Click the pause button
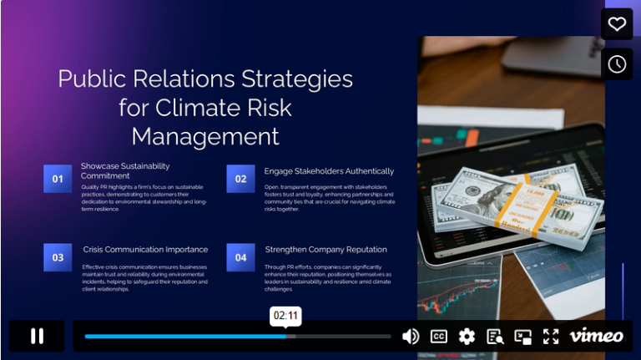click(x=37, y=336)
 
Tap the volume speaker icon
click(x=411, y=337)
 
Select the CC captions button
click(x=438, y=337)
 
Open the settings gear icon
click(x=467, y=337)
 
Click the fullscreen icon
click(x=551, y=337)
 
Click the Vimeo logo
click(x=596, y=336)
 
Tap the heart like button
click(x=617, y=24)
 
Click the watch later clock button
click(x=617, y=64)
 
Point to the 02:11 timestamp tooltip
click(x=286, y=316)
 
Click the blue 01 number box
click(x=58, y=179)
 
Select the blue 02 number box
click(x=240, y=179)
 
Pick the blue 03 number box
click(x=58, y=257)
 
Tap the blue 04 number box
click(x=240, y=257)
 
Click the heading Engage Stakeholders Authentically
click(x=329, y=171)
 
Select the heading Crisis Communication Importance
click(x=145, y=250)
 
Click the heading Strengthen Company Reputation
click(x=326, y=250)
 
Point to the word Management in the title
click(x=205, y=136)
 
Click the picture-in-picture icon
click(x=523, y=337)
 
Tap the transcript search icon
click(x=495, y=337)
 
